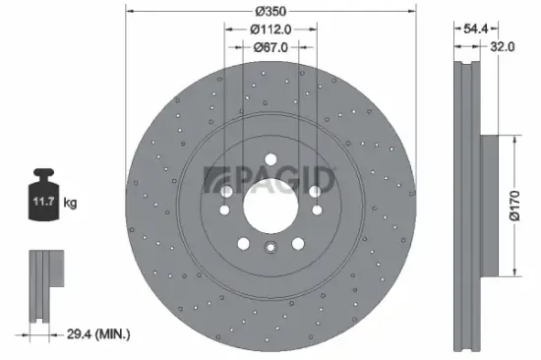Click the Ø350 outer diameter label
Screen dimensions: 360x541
270,11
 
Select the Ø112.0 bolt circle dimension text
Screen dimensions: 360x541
270,28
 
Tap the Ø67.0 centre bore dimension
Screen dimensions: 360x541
270,45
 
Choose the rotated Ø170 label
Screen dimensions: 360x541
527,207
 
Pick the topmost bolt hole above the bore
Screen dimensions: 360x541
270,160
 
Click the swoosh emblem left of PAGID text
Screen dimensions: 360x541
218,178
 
